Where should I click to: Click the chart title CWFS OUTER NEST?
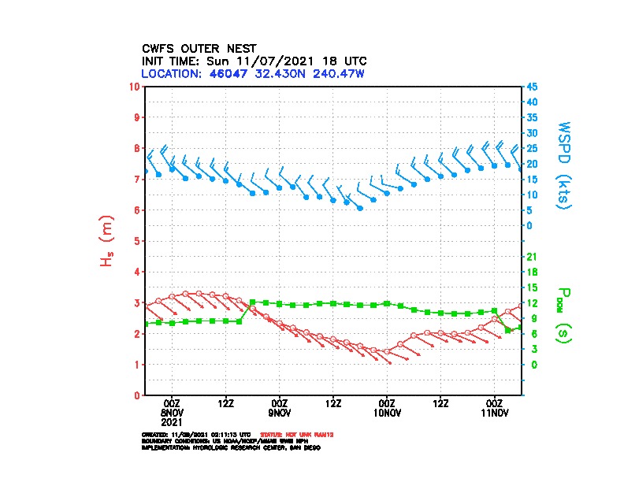point(199,48)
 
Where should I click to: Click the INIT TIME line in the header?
point(254,61)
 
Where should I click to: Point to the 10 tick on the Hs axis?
point(136,86)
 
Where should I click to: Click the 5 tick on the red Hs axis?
point(137,241)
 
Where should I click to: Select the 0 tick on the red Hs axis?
point(137,395)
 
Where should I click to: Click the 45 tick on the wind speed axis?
point(532,87)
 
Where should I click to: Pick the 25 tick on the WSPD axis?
point(532,148)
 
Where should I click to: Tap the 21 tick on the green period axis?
point(531,257)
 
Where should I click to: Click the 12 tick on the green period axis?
point(531,303)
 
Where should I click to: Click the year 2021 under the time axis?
point(173,422)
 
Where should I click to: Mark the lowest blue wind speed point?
point(360,208)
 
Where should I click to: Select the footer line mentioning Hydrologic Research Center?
point(231,448)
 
